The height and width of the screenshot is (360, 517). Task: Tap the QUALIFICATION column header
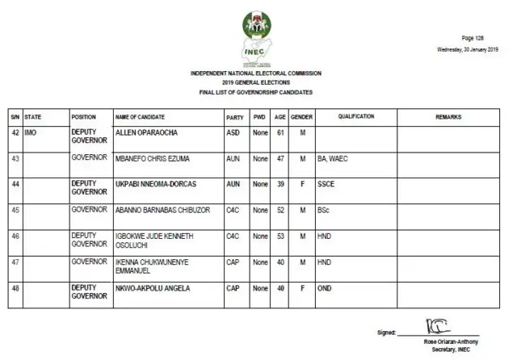coord(356,117)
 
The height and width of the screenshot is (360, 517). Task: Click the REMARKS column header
coord(448,117)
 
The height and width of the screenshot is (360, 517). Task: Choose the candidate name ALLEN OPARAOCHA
coord(146,132)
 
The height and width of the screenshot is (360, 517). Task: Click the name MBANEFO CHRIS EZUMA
coord(153,159)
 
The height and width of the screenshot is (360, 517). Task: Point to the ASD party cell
coord(233,132)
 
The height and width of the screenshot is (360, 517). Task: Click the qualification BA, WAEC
coord(332,159)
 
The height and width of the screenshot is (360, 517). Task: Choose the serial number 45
coord(15,210)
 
